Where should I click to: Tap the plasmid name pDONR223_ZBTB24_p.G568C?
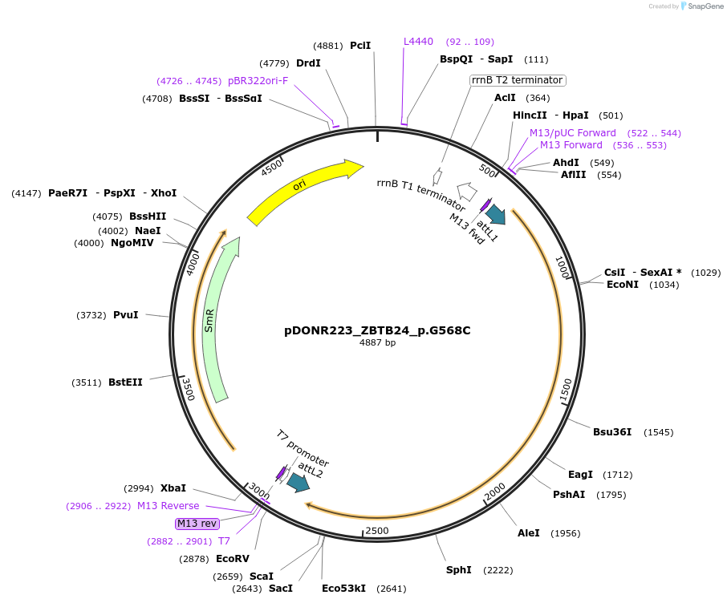coord(377,330)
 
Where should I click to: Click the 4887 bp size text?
coord(377,343)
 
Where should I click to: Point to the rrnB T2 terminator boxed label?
coord(518,80)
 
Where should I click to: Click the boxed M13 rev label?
coord(197,524)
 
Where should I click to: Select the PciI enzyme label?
coord(360,46)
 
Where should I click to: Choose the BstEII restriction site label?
coord(125,382)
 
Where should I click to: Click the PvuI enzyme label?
coord(125,315)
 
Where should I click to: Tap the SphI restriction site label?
coord(458,570)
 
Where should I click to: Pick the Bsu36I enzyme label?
coord(612,432)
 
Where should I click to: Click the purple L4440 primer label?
coord(418,42)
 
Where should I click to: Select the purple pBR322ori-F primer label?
coord(258,81)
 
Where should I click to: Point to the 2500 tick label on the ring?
coord(376,531)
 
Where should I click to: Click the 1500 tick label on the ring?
coord(567,391)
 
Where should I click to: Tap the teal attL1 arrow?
coord(496,214)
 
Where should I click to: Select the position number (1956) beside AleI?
coord(565,533)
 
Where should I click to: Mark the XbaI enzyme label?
coord(173,488)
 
